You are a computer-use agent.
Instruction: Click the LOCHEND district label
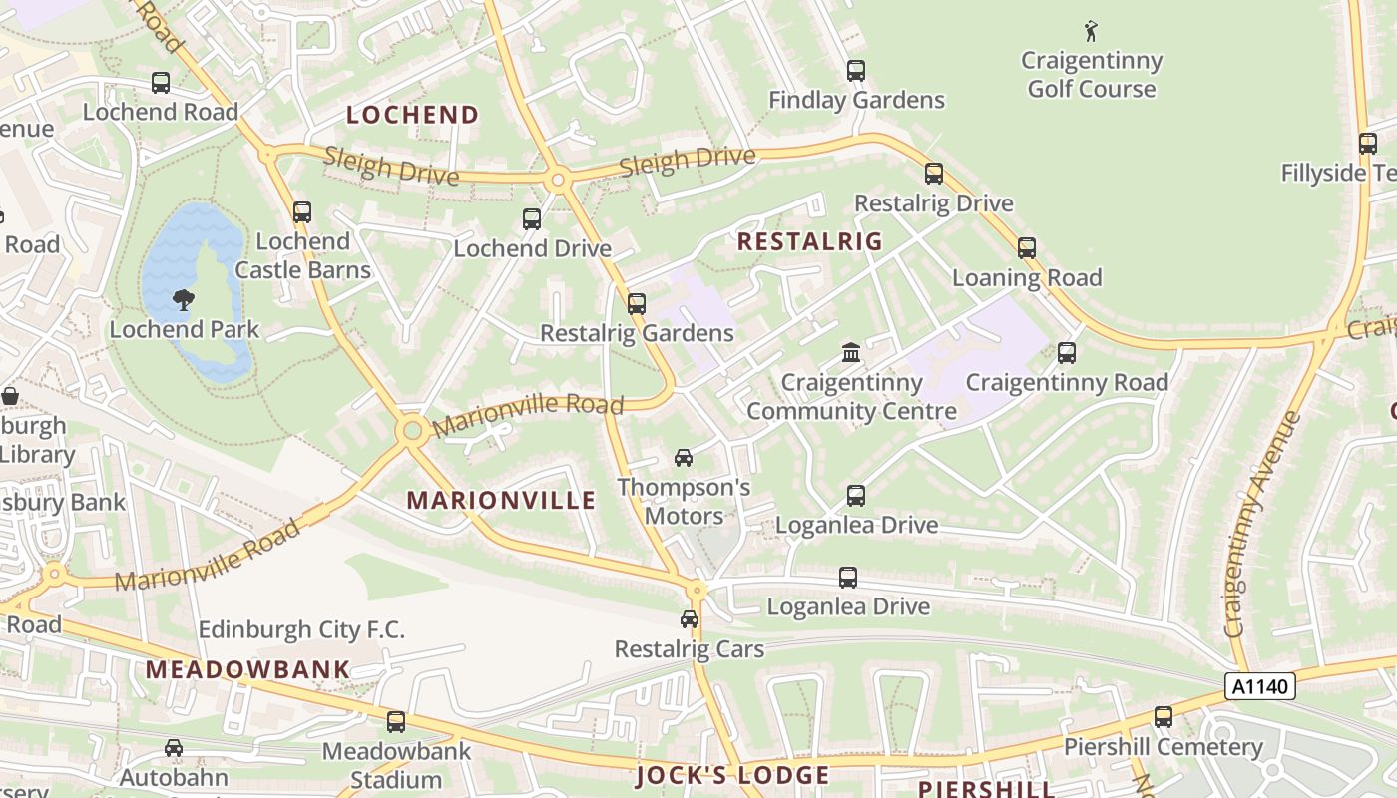412,115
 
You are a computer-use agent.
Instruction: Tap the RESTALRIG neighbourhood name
809,241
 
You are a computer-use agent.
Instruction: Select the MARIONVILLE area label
501,501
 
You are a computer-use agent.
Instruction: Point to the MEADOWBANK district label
248,669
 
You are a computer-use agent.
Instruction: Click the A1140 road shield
1261,686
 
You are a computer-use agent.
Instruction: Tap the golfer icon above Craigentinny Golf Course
1091,31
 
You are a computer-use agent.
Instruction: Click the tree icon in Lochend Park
184,298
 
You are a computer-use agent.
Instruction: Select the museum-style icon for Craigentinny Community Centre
851,352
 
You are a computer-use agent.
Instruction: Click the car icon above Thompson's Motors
684,458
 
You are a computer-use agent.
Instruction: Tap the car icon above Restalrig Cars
690,619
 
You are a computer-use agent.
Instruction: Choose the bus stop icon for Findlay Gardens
856,71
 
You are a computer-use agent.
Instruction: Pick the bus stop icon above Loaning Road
1027,248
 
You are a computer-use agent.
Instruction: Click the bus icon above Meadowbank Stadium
396,722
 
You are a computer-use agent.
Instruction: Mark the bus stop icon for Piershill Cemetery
1164,717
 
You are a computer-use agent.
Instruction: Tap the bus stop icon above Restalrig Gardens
637,304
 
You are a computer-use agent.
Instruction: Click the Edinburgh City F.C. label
301,630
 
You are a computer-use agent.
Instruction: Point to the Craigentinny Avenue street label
1261,524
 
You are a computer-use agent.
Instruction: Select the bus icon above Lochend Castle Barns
302,212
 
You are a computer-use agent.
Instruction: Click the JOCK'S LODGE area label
732,776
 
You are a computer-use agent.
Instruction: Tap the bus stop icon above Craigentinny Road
1067,353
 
